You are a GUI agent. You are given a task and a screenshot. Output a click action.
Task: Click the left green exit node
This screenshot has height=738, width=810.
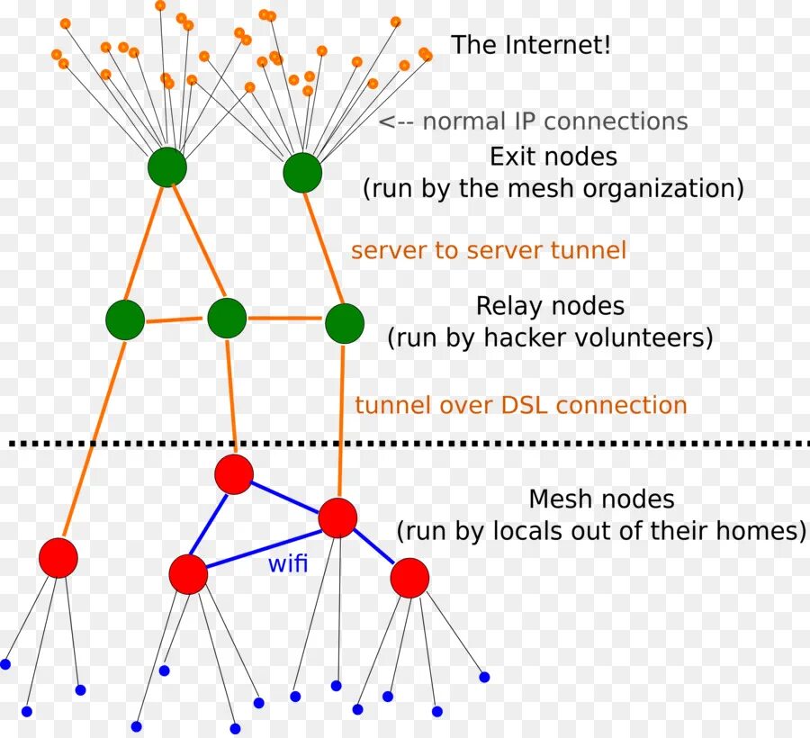point(166,166)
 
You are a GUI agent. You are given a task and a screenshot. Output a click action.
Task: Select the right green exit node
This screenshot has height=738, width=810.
point(302,173)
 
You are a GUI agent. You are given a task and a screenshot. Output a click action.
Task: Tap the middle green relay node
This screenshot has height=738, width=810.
point(227,318)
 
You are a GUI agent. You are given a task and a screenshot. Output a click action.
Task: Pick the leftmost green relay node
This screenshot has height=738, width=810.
point(125,319)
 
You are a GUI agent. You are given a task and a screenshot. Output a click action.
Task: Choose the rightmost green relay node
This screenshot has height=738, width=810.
point(345,323)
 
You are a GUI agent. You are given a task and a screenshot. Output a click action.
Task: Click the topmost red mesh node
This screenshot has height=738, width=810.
point(234,474)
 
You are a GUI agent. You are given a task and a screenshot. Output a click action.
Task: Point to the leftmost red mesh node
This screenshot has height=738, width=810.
point(58,558)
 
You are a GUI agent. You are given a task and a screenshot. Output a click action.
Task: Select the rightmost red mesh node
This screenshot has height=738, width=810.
point(409,578)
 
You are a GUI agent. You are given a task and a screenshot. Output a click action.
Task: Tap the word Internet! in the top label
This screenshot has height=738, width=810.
point(558,45)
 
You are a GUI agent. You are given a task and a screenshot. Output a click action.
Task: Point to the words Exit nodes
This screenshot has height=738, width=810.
point(553,157)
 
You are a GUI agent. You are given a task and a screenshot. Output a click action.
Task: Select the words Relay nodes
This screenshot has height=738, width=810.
point(550,306)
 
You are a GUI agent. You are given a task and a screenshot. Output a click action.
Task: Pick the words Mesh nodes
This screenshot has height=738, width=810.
point(602,499)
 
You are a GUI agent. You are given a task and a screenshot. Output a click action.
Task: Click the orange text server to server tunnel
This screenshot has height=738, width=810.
point(489,250)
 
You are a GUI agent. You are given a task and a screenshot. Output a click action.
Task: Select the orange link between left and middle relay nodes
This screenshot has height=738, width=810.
point(174,320)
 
